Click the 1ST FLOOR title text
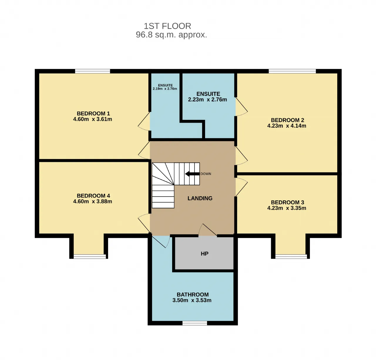click(167, 26)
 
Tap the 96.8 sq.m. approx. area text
click(171, 35)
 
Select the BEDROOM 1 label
click(93, 113)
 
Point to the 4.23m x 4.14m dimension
click(286, 126)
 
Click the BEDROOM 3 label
click(287, 202)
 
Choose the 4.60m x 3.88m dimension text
click(92, 202)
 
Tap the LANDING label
click(200, 198)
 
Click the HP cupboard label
click(204, 254)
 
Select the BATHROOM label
click(193, 295)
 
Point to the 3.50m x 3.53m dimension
click(192, 300)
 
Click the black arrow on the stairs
click(192, 174)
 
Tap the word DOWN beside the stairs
click(206, 174)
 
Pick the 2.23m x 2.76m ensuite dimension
click(207, 100)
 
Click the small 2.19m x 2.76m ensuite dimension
click(165, 89)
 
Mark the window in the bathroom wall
click(194, 323)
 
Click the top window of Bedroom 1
click(92, 71)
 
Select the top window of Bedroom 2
click(292, 71)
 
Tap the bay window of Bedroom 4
click(90, 257)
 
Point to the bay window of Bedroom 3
click(291, 257)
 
